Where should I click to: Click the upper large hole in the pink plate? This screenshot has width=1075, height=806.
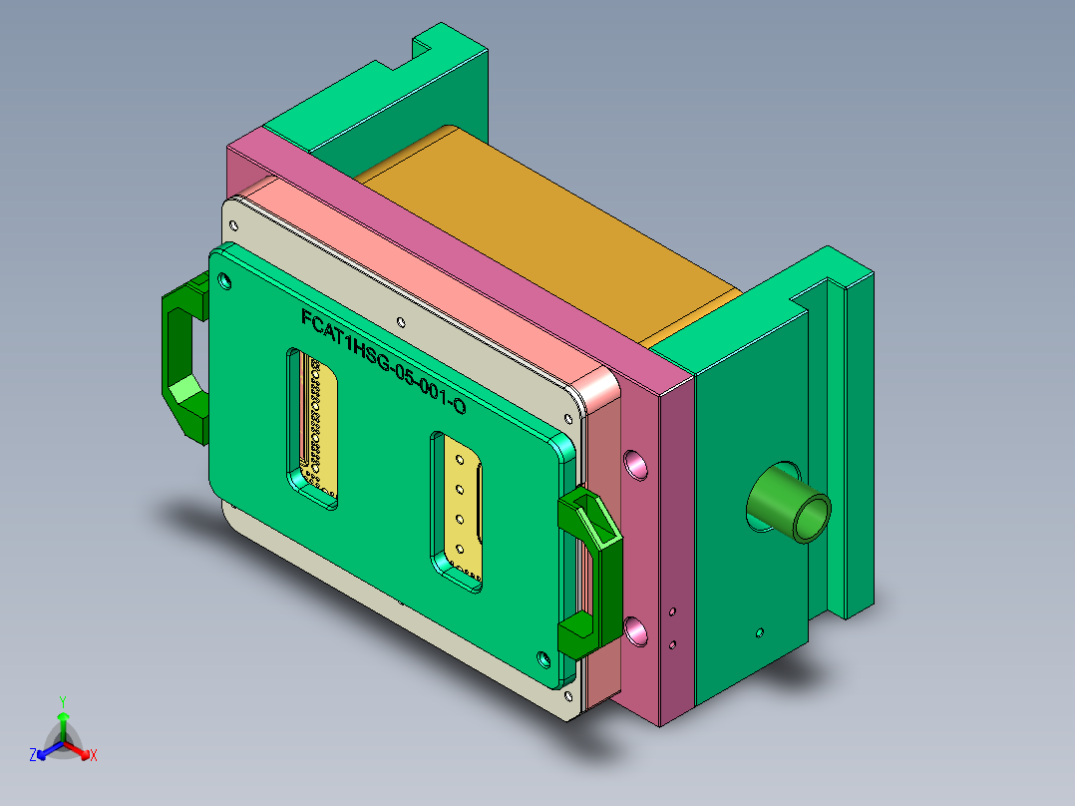(x=634, y=463)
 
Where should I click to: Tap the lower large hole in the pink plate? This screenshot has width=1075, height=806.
(x=635, y=629)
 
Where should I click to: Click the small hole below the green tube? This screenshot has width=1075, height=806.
(x=759, y=632)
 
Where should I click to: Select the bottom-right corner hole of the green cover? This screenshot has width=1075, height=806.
(x=542, y=658)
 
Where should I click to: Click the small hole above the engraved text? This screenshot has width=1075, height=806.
(x=400, y=322)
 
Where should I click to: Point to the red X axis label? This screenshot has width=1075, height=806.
(x=94, y=756)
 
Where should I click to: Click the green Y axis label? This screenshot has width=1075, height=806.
(x=62, y=700)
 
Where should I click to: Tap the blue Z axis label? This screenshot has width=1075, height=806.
(x=32, y=756)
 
